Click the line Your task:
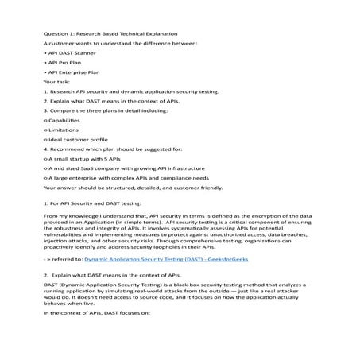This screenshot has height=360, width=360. pos(57,81)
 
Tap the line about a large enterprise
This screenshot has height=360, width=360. pos(139,178)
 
